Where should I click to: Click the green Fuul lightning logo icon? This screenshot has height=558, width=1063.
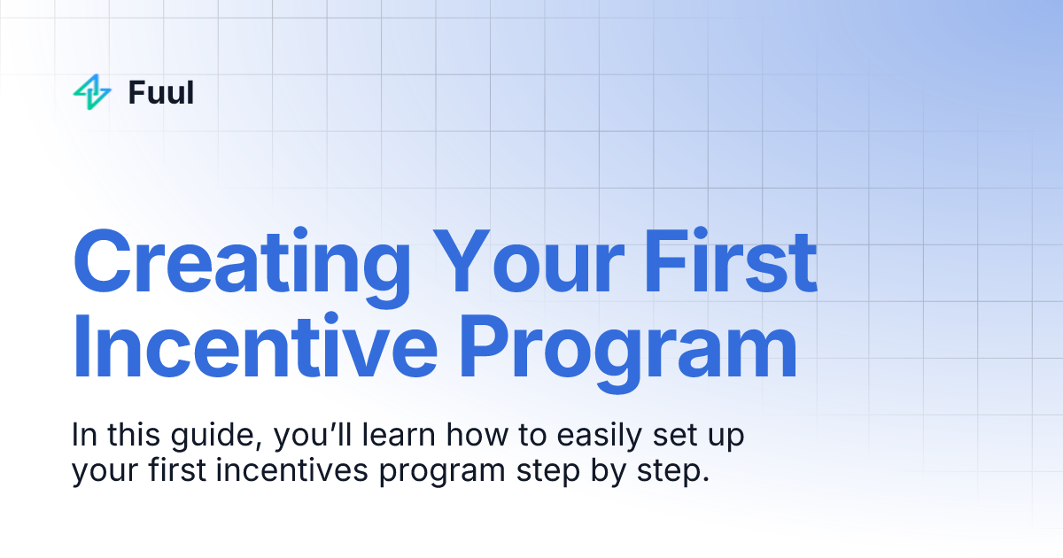[92, 92]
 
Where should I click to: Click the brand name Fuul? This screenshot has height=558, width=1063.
[160, 92]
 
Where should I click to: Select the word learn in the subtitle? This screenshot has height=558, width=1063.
[392, 437]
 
